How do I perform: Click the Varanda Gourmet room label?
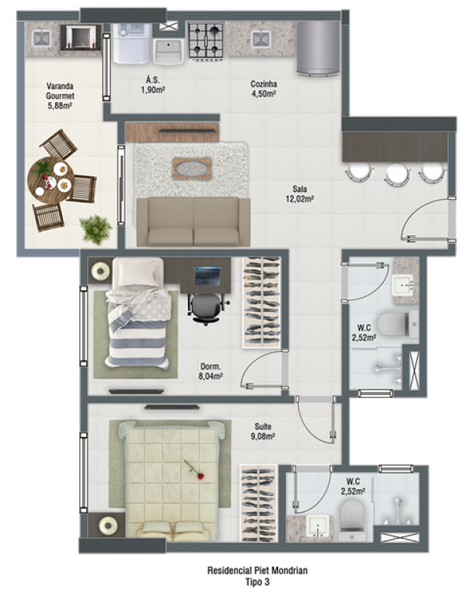60,96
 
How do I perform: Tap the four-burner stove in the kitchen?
206,41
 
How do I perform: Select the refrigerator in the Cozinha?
318,47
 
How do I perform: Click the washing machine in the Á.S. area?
132,43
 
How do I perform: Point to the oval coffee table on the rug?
192,168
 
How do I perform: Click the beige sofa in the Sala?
193,222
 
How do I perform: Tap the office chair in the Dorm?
206,309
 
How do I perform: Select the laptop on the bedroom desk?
207,276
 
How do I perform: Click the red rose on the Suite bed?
194,469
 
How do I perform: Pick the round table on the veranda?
51,180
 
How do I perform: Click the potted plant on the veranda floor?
96,230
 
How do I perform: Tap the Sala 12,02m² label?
299,194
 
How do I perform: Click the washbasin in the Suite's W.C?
318,526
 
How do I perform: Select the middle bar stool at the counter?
397,174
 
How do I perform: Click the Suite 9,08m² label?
263,432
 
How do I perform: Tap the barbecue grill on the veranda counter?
81,37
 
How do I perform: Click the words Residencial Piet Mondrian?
257,570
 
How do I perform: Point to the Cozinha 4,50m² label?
264,89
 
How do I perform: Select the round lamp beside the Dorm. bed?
101,271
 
